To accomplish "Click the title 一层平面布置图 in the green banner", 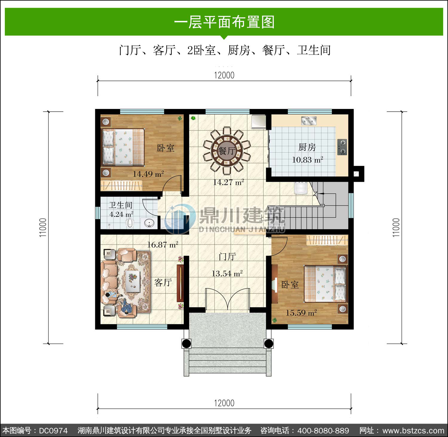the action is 224,22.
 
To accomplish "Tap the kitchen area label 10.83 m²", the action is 307,160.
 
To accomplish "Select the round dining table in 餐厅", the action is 227,150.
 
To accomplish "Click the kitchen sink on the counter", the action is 309,121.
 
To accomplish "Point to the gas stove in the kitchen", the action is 342,147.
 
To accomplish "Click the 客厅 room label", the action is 163,282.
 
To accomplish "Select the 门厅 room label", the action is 227,256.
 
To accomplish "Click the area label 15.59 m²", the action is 301,313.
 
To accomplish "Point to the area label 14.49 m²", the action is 148,174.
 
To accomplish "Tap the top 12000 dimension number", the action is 224,75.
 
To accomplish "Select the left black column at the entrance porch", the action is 186,344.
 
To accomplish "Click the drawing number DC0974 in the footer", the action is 53,431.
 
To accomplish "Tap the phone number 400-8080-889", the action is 323,431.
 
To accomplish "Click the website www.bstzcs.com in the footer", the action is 413,431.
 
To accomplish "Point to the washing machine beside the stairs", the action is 300,188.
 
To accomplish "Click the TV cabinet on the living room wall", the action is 179,283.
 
